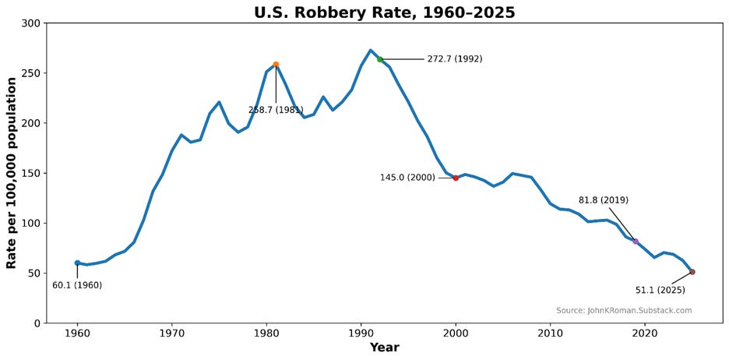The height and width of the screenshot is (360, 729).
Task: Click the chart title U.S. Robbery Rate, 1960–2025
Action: click(384, 12)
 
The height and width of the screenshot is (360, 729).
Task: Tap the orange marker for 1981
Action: click(276, 65)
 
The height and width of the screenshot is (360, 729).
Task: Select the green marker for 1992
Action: click(380, 59)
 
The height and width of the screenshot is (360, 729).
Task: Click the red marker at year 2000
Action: click(456, 178)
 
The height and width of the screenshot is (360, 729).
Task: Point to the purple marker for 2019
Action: click(636, 242)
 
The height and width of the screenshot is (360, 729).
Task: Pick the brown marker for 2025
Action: click(692, 272)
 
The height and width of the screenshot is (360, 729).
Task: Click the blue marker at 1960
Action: click(77, 263)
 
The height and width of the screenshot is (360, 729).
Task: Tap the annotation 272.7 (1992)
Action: click(454, 59)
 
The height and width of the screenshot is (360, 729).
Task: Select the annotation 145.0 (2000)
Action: click(407, 178)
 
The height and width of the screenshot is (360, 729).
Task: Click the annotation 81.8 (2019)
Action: click(603, 200)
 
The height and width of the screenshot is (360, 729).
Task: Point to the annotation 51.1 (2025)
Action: click(660, 291)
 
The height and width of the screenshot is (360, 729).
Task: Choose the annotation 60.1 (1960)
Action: click(77, 286)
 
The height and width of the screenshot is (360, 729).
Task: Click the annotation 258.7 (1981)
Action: click(276, 111)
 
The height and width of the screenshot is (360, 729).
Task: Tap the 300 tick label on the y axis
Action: click(30, 23)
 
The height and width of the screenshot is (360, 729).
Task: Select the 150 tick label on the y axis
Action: click(30, 173)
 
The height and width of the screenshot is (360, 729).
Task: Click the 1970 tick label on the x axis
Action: click(171, 334)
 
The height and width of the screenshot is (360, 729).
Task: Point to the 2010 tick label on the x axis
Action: click(550, 334)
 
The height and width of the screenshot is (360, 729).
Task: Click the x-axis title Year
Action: click(384, 348)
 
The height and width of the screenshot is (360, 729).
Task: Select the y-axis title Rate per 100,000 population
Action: click(12, 173)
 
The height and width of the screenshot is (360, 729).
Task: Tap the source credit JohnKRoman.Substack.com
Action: click(624, 310)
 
